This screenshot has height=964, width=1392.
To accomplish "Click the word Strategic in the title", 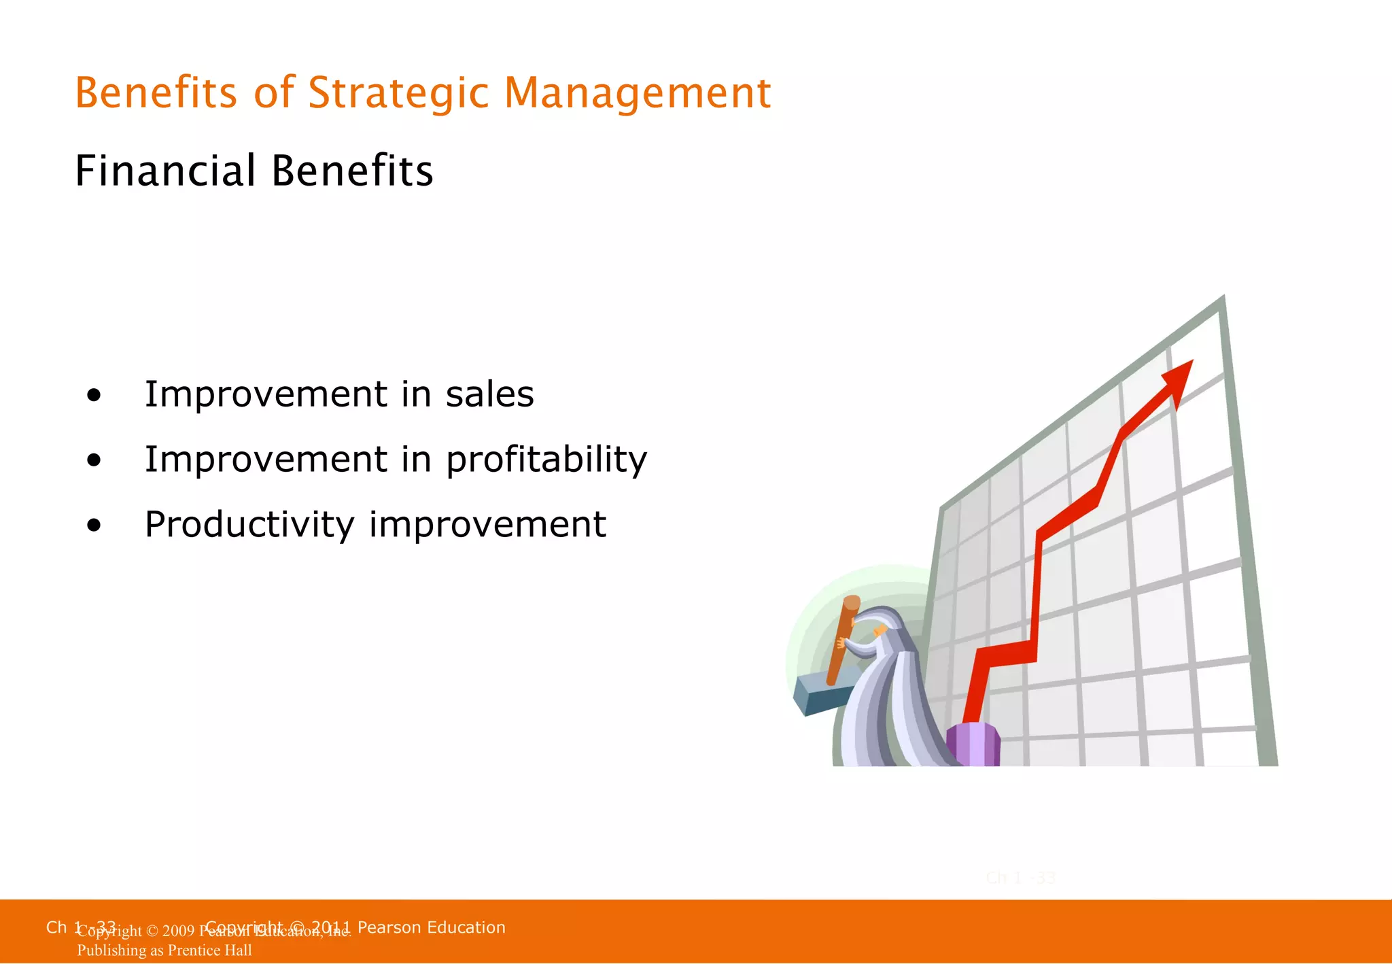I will pos(398,93).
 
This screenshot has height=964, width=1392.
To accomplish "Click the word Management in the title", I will pos(637,93).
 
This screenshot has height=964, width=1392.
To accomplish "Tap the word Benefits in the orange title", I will pos(156,93).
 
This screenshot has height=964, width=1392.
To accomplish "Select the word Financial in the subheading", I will pos(165,171).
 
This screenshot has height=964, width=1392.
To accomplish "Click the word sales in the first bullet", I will pos(489,394).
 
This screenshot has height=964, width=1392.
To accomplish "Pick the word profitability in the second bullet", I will pos(546,460).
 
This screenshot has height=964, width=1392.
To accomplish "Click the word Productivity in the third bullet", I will pos(249,525).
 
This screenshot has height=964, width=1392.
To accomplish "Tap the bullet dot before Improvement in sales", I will pos(94,395).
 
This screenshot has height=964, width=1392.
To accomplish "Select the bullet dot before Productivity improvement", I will pos(94,526).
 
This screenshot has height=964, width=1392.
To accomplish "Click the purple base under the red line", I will pos(973,744).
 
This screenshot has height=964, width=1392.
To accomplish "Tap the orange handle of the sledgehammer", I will pos(841,639).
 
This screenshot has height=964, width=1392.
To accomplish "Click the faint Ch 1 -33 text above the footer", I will pos(1020,878).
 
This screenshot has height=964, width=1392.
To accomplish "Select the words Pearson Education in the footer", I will pos(431,927).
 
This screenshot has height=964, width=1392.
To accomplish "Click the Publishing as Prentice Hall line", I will pos(164,950).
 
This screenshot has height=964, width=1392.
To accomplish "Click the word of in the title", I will pos(274,93).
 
